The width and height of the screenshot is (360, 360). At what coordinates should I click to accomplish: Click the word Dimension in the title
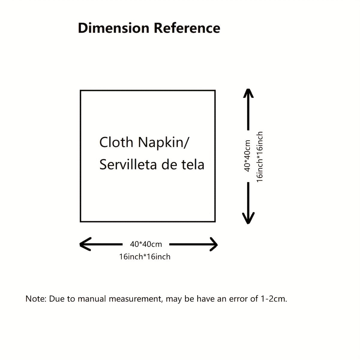click(114, 28)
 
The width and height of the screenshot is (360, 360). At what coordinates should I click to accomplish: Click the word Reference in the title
click(187, 28)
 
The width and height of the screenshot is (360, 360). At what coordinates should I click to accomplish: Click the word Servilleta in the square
click(128, 165)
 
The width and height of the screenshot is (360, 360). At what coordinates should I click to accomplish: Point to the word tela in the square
click(193, 165)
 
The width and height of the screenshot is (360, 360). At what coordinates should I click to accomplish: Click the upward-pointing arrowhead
click(248, 93)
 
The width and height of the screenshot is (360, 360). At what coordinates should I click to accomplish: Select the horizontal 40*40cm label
click(146, 244)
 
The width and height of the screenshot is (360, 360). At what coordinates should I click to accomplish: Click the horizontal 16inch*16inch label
click(145, 257)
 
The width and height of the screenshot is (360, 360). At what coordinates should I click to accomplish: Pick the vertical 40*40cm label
click(247, 156)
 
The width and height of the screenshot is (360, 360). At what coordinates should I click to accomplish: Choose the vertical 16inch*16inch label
click(260, 157)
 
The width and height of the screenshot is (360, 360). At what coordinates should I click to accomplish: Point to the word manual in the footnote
click(92, 299)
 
